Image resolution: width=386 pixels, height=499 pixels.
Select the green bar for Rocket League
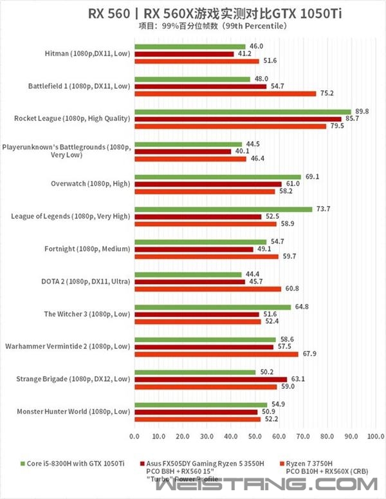pyautogui.click(x=242, y=111)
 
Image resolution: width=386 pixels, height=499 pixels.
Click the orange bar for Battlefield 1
pyautogui.click(x=225, y=93)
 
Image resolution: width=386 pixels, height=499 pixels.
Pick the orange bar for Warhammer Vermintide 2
pyautogui.click(x=216, y=354)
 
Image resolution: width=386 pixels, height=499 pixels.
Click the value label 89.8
pyautogui.click(x=362, y=111)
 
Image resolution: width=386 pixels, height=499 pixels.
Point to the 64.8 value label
pyautogui.click(x=301, y=307)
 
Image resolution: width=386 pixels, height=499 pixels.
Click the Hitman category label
pyautogui.click(x=87, y=53)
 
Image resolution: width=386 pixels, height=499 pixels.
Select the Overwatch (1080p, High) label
pyautogui.click(x=91, y=184)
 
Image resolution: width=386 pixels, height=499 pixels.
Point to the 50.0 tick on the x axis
pyautogui.click(x=255, y=437)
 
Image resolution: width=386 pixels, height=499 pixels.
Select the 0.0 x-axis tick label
pyautogui.click(x=134, y=437)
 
